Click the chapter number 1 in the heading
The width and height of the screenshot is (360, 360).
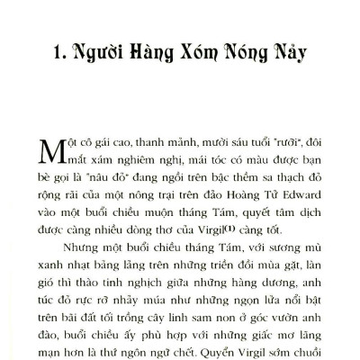pos(56,54)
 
